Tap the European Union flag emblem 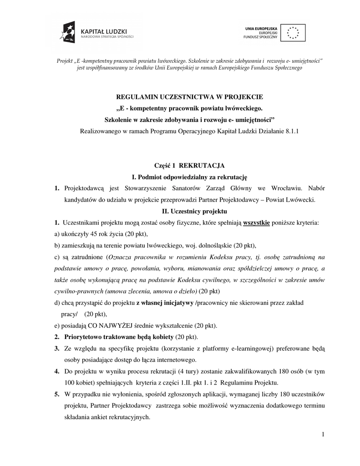click(x=293, y=33)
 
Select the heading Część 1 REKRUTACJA click(x=188, y=166)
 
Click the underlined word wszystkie click(x=257, y=223)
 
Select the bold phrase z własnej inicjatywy click(x=164, y=303)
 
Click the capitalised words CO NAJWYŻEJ click(x=106, y=326)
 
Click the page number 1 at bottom click(x=323, y=434)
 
